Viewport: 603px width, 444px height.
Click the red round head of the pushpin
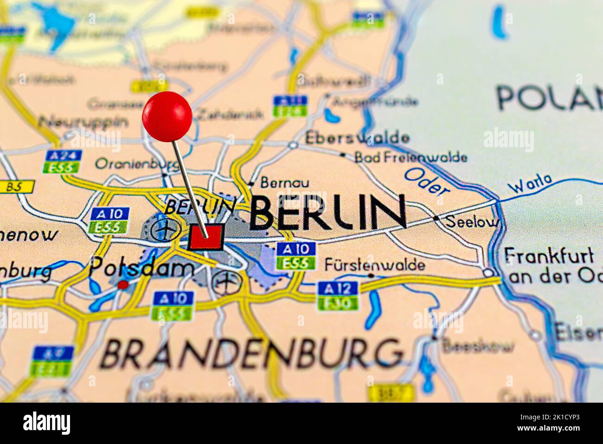coord(167,116)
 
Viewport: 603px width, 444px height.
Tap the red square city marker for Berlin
coord(206,238)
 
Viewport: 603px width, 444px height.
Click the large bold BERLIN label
coord(328,212)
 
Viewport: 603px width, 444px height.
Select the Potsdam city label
coord(141,267)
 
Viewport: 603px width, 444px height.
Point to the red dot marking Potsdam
coord(122,285)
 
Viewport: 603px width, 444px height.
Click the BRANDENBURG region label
coord(251,354)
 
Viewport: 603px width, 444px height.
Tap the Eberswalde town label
coord(357,138)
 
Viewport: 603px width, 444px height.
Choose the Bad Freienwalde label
coord(411,157)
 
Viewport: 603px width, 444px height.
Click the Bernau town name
coord(284,182)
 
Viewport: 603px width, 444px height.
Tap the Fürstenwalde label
coord(375,265)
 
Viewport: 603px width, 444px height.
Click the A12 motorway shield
coord(338,288)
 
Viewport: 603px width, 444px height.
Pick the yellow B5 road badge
coord(17,187)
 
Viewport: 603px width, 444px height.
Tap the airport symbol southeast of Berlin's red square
coord(227,282)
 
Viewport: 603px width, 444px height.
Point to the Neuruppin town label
coord(83,122)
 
